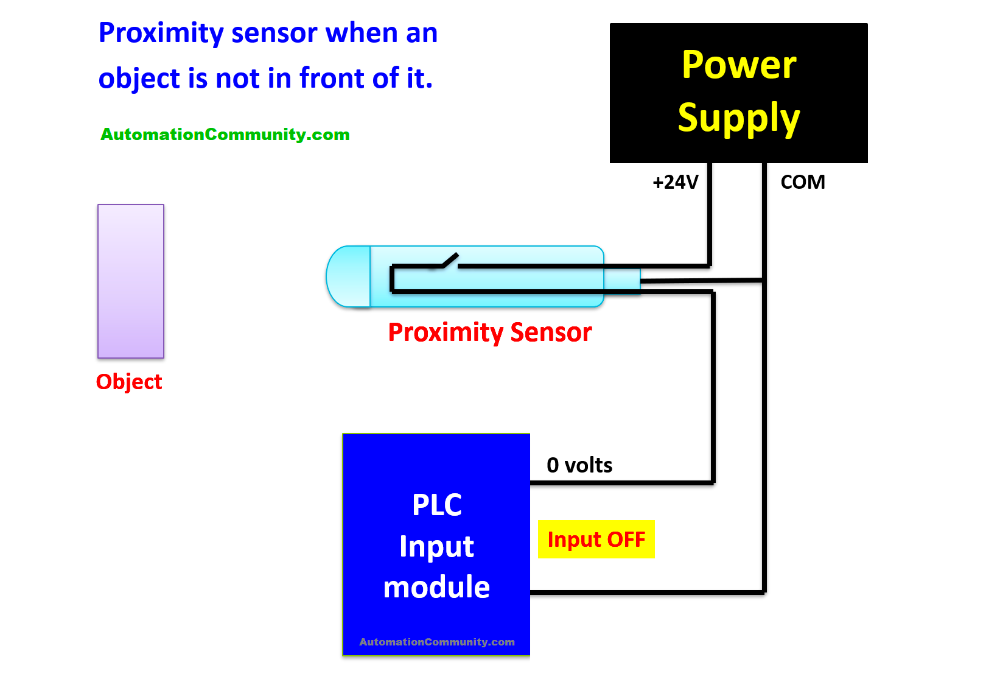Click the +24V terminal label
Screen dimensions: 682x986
pyautogui.click(x=675, y=182)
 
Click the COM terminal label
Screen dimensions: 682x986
pyautogui.click(x=802, y=182)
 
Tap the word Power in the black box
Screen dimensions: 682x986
pyautogui.click(x=738, y=65)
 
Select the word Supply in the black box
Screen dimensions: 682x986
pyautogui.click(x=738, y=118)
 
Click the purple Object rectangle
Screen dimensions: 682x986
pyautogui.click(x=131, y=281)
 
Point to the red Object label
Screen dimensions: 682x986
pyautogui.click(x=129, y=382)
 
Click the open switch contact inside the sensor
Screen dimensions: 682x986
pyautogui.click(x=450, y=261)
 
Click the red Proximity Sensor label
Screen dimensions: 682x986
pyautogui.click(x=490, y=332)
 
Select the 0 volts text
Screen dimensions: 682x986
pyautogui.click(x=579, y=465)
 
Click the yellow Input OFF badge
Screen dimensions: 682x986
pyautogui.click(x=596, y=540)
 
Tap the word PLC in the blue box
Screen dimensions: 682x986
pyautogui.click(x=436, y=505)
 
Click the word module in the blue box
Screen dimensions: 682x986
pyautogui.click(x=436, y=588)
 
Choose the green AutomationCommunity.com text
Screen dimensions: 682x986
pyautogui.click(x=225, y=135)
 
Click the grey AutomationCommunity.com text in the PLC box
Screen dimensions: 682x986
pyautogui.click(x=436, y=642)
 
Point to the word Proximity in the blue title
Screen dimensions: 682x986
pyautogui.click(x=161, y=33)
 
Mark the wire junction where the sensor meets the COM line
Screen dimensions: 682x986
pyautogui.click(x=764, y=280)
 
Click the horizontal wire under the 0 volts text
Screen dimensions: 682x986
pyautogui.click(x=621, y=483)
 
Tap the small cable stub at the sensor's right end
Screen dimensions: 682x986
pyautogui.click(x=622, y=279)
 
